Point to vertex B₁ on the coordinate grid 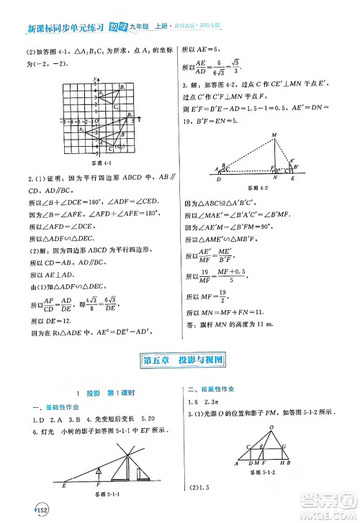coord(122,86)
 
